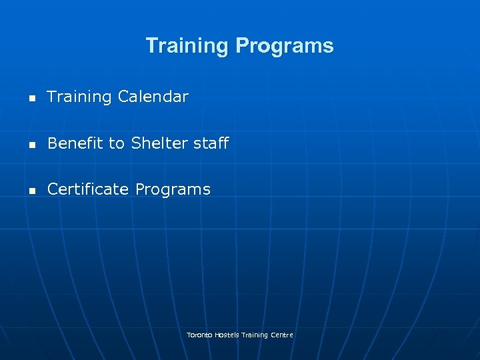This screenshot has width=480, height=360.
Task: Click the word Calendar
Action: (x=153, y=97)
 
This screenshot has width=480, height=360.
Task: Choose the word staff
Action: (x=211, y=143)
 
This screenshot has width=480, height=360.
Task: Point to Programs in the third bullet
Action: (x=173, y=190)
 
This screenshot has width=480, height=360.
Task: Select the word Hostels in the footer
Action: (x=227, y=335)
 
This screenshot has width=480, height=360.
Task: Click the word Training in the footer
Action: (x=255, y=335)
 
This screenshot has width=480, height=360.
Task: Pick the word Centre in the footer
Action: (x=282, y=335)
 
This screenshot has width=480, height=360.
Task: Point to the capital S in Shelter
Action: (x=136, y=143)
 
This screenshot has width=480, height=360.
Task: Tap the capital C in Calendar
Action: (x=123, y=97)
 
